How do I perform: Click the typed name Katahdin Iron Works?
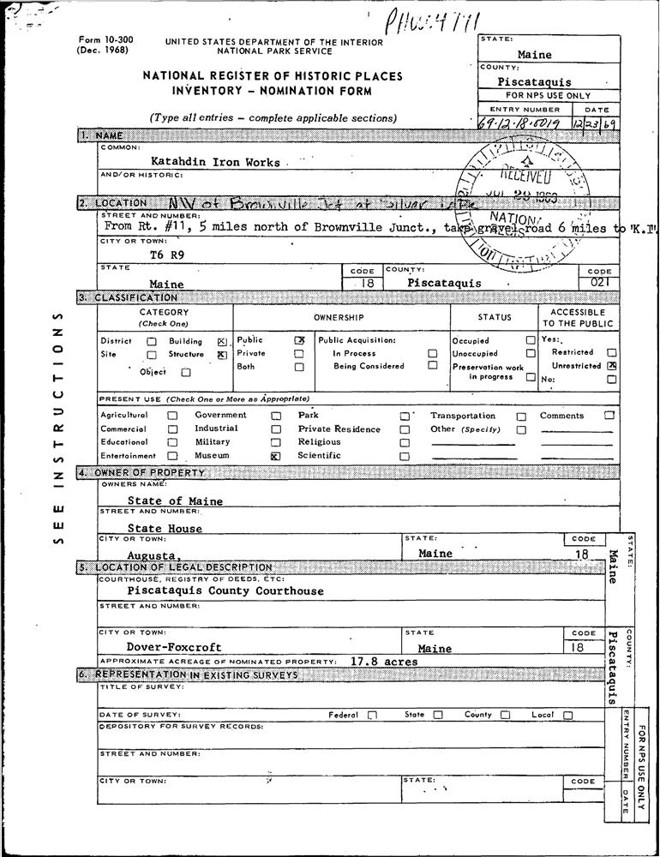point(215,161)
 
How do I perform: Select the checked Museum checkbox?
point(275,457)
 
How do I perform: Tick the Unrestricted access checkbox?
point(612,366)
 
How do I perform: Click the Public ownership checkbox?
point(299,340)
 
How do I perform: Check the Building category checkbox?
point(222,341)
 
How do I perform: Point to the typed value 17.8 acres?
point(384,662)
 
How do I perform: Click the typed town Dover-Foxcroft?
point(174,648)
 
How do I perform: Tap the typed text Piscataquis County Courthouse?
point(225,591)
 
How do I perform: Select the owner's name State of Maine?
point(175,501)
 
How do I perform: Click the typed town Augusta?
point(154,557)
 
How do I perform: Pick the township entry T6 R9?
point(167,255)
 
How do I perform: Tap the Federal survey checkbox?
point(372,715)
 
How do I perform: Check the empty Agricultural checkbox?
point(172,416)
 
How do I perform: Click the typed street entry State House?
point(165,529)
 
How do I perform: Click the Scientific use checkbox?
point(404,457)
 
